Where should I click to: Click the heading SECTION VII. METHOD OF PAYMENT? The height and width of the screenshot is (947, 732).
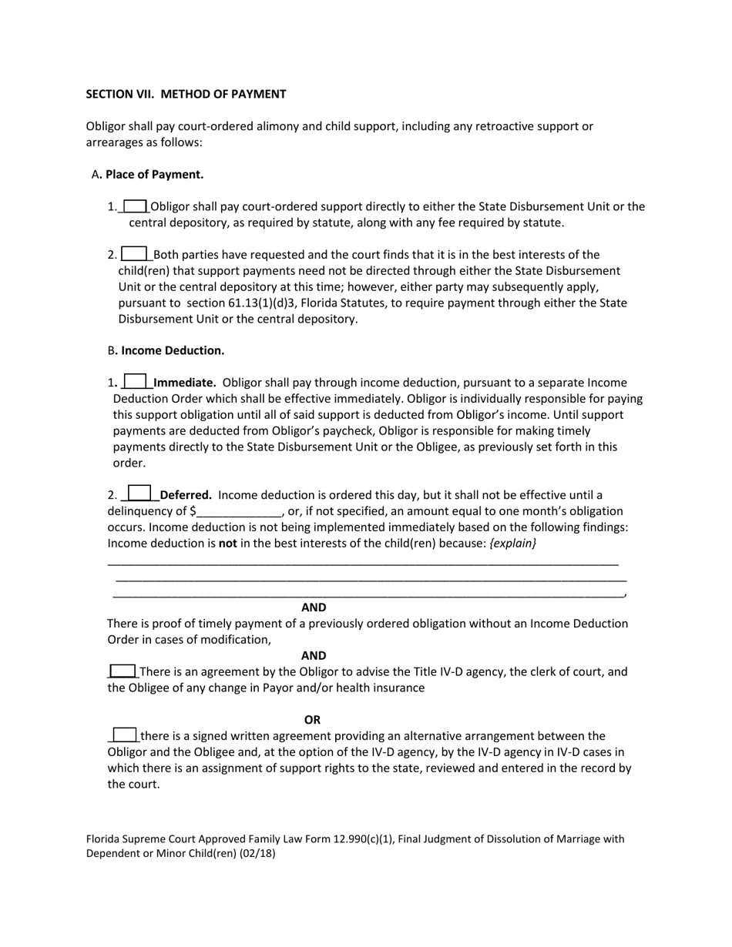click(x=186, y=94)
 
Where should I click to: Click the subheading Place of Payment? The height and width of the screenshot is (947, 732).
click(x=154, y=174)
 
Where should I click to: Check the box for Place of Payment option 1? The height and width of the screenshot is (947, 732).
click(x=135, y=206)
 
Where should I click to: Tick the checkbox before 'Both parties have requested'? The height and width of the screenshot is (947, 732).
click(x=134, y=253)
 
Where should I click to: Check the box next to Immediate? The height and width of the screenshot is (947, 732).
click(x=135, y=381)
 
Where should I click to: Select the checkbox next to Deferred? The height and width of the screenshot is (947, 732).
click(x=139, y=494)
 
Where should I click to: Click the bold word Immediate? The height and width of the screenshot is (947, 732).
click(x=185, y=383)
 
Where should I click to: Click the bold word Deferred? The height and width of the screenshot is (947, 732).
click(x=186, y=495)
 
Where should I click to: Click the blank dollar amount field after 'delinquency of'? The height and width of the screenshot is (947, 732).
click(x=240, y=512)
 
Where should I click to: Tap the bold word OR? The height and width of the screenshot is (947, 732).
click(x=312, y=720)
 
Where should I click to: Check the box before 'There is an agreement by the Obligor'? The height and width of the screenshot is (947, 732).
click(x=123, y=671)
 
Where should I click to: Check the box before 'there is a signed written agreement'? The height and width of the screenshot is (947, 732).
click(x=125, y=735)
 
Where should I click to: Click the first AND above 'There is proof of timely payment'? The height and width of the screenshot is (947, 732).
click(x=314, y=607)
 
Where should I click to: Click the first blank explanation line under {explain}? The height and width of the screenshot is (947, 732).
click(x=362, y=562)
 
